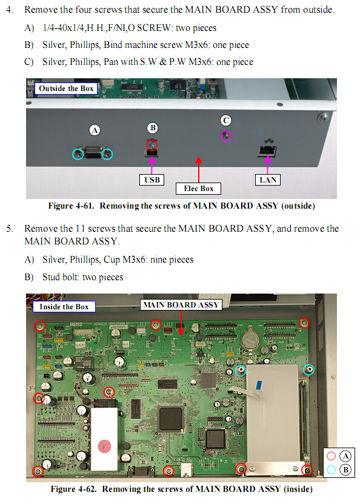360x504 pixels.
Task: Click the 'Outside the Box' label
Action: pos(66,89)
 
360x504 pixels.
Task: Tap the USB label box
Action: pos(152,180)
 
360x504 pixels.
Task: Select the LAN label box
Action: pos(268,180)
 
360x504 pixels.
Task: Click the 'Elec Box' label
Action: pos(198,189)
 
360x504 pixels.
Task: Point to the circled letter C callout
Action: pos(226,121)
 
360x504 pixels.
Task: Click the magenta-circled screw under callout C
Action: pos(226,136)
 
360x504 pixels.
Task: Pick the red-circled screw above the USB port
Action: pos(152,145)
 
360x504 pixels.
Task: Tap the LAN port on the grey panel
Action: pos(267,150)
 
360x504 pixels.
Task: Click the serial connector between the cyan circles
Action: pos(93,153)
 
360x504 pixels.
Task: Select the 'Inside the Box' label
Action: pos(64,307)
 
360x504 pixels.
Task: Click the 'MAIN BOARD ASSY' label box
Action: pos(181,304)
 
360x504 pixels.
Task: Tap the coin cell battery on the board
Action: pos(251,340)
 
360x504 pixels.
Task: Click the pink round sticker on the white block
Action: pos(104,446)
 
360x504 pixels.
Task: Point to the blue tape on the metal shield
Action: pos(259,385)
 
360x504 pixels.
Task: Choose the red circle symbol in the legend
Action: pos(331,456)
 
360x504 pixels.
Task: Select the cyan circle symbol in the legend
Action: pos(331,470)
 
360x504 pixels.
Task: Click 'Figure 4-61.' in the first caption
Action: pos(72,206)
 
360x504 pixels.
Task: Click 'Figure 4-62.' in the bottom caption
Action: pos(73,489)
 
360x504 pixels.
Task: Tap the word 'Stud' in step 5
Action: pos(51,277)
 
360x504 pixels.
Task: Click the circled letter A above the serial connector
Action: pos(95,130)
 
